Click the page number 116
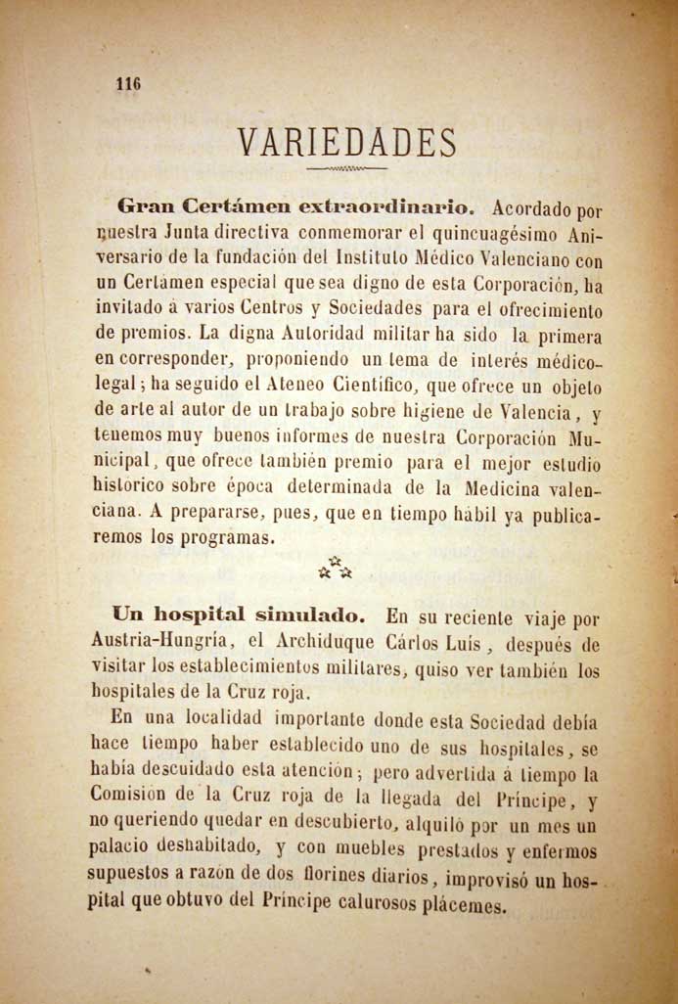[x=128, y=84]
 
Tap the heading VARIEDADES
[x=347, y=144]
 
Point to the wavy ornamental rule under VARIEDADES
[x=346, y=169]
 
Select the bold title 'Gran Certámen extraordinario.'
[x=295, y=207]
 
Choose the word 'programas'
[x=227, y=537]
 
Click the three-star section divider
[x=335, y=568]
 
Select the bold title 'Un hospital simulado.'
[x=240, y=616]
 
